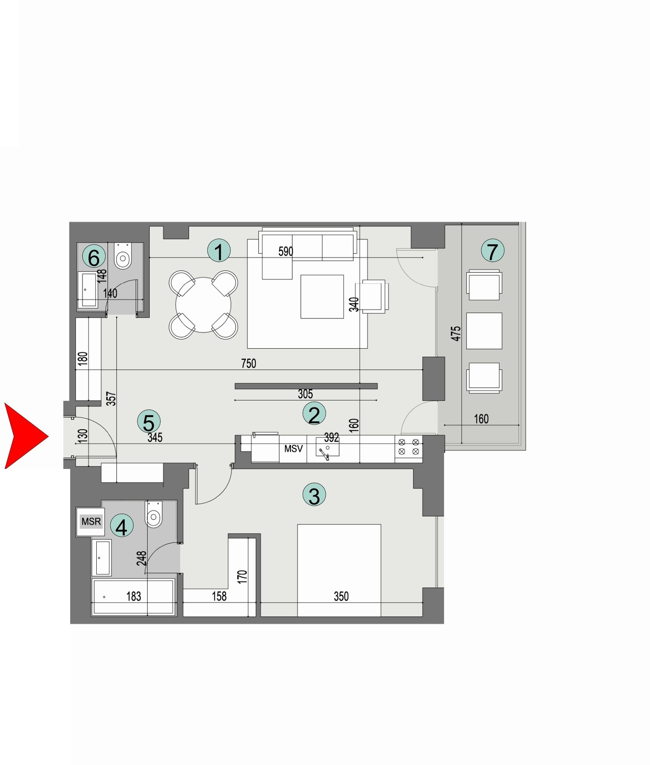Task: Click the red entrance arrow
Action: [x=24, y=436]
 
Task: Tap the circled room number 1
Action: [x=219, y=251]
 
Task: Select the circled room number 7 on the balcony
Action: [x=492, y=251]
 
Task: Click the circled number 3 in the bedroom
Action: [x=314, y=495]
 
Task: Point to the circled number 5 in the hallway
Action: [x=149, y=422]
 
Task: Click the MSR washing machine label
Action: [x=91, y=522]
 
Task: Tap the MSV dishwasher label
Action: [x=293, y=449]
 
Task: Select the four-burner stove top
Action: [x=408, y=447]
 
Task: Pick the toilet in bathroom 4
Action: [x=153, y=515]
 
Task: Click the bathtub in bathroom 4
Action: [x=134, y=597]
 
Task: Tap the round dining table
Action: [x=203, y=305]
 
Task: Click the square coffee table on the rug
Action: [x=322, y=296]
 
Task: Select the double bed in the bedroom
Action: [x=339, y=570]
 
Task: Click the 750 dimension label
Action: [x=248, y=363]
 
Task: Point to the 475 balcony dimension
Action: [x=456, y=334]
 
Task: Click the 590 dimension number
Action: [x=286, y=251]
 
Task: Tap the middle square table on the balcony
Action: [x=484, y=331]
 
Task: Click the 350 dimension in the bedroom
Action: [x=341, y=597]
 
